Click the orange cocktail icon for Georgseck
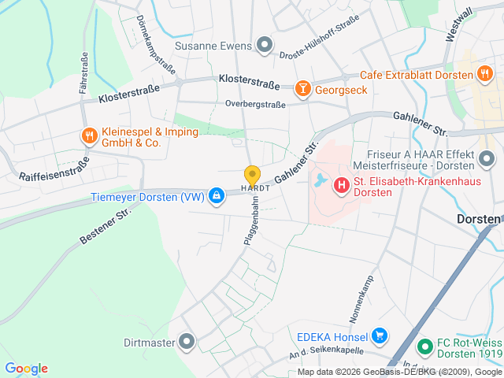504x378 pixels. [302, 90]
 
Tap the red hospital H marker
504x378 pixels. [342, 186]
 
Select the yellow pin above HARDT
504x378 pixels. [252, 175]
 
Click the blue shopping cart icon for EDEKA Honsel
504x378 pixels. [380, 336]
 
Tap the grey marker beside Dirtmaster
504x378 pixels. [187, 342]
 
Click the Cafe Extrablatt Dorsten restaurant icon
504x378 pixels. [484, 75]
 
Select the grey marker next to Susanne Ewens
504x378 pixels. [265, 45]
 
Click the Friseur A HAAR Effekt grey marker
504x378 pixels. [486, 160]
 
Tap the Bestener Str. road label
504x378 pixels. [104, 226]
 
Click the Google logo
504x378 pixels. [26, 368]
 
